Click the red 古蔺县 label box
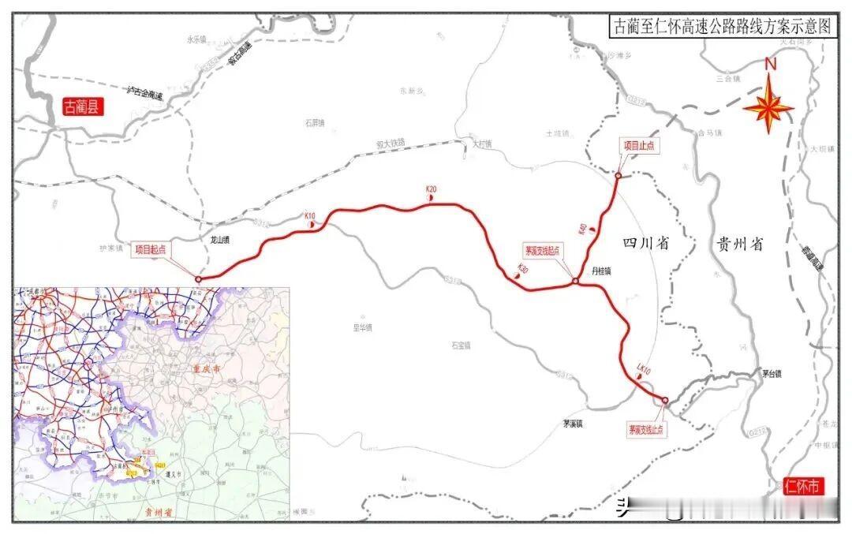click(x=84, y=107)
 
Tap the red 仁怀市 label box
click(x=803, y=486)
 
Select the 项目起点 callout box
click(x=150, y=248)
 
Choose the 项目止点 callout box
click(x=640, y=145)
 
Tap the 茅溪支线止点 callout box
click(x=646, y=430)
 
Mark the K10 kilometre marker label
click(x=310, y=216)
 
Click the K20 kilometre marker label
click(x=431, y=189)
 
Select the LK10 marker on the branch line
click(x=643, y=368)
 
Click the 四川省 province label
click(x=645, y=244)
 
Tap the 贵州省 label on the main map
click(x=738, y=245)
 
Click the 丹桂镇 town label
click(x=602, y=270)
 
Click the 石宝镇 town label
click(x=461, y=345)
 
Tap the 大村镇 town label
click(x=481, y=144)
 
